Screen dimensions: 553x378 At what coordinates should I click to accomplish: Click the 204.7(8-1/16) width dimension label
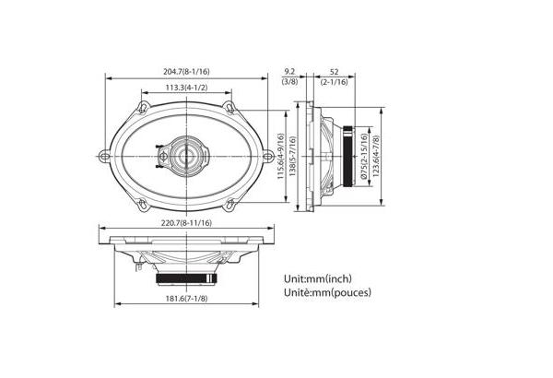click(x=186, y=72)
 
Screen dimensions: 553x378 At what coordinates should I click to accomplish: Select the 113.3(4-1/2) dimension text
click(x=186, y=88)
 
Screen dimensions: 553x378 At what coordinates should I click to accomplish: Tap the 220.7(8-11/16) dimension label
click(x=186, y=223)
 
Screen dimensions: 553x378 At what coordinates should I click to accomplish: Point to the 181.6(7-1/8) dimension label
click(x=186, y=299)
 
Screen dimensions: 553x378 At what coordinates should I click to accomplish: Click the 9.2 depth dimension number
click(x=289, y=72)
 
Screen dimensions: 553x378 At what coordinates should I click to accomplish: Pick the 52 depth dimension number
click(x=334, y=72)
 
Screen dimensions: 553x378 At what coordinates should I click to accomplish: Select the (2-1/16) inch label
click(x=334, y=82)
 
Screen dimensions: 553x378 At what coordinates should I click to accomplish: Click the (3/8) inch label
click(x=289, y=82)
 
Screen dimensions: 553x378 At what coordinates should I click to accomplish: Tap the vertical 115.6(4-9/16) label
click(x=281, y=157)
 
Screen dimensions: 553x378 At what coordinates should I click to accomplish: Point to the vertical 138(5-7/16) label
click(x=292, y=157)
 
